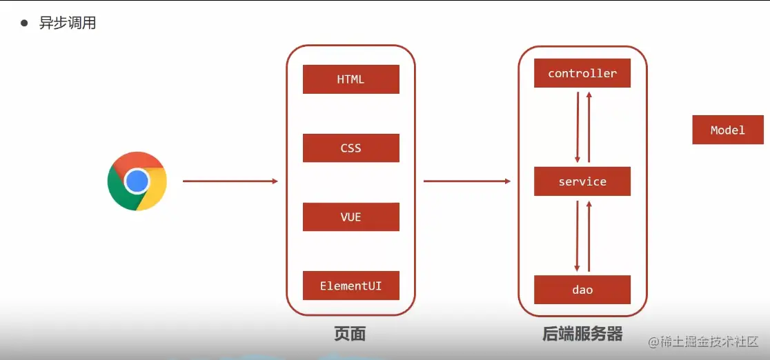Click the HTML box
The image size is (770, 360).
pyautogui.click(x=351, y=79)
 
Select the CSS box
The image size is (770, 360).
pyautogui.click(x=351, y=148)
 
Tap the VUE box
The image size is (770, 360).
pyautogui.click(x=351, y=217)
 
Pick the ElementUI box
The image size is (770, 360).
pyautogui.click(x=351, y=286)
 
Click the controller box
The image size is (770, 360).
pyautogui.click(x=582, y=73)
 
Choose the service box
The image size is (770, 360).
pyautogui.click(x=582, y=181)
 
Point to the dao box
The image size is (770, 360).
pyautogui.click(x=582, y=290)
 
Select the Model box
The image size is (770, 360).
pyautogui.click(x=727, y=130)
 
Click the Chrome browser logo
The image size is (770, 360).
pyautogui.click(x=137, y=181)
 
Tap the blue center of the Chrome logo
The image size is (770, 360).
pyautogui.click(x=137, y=181)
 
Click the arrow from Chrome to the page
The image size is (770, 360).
pyautogui.click(x=230, y=181)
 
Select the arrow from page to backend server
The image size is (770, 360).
pyautogui.click(x=467, y=181)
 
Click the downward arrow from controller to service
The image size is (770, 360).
pyautogui.click(x=577, y=127)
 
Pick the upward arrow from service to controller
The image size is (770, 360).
pyautogui.click(x=589, y=127)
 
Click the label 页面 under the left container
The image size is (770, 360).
pyautogui.click(x=350, y=335)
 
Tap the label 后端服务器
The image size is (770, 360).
pyautogui.click(x=582, y=335)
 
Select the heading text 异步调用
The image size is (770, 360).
pyautogui.click(x=68, y=23)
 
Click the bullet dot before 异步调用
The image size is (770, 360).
pyautogui.click(x=25, y=23)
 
